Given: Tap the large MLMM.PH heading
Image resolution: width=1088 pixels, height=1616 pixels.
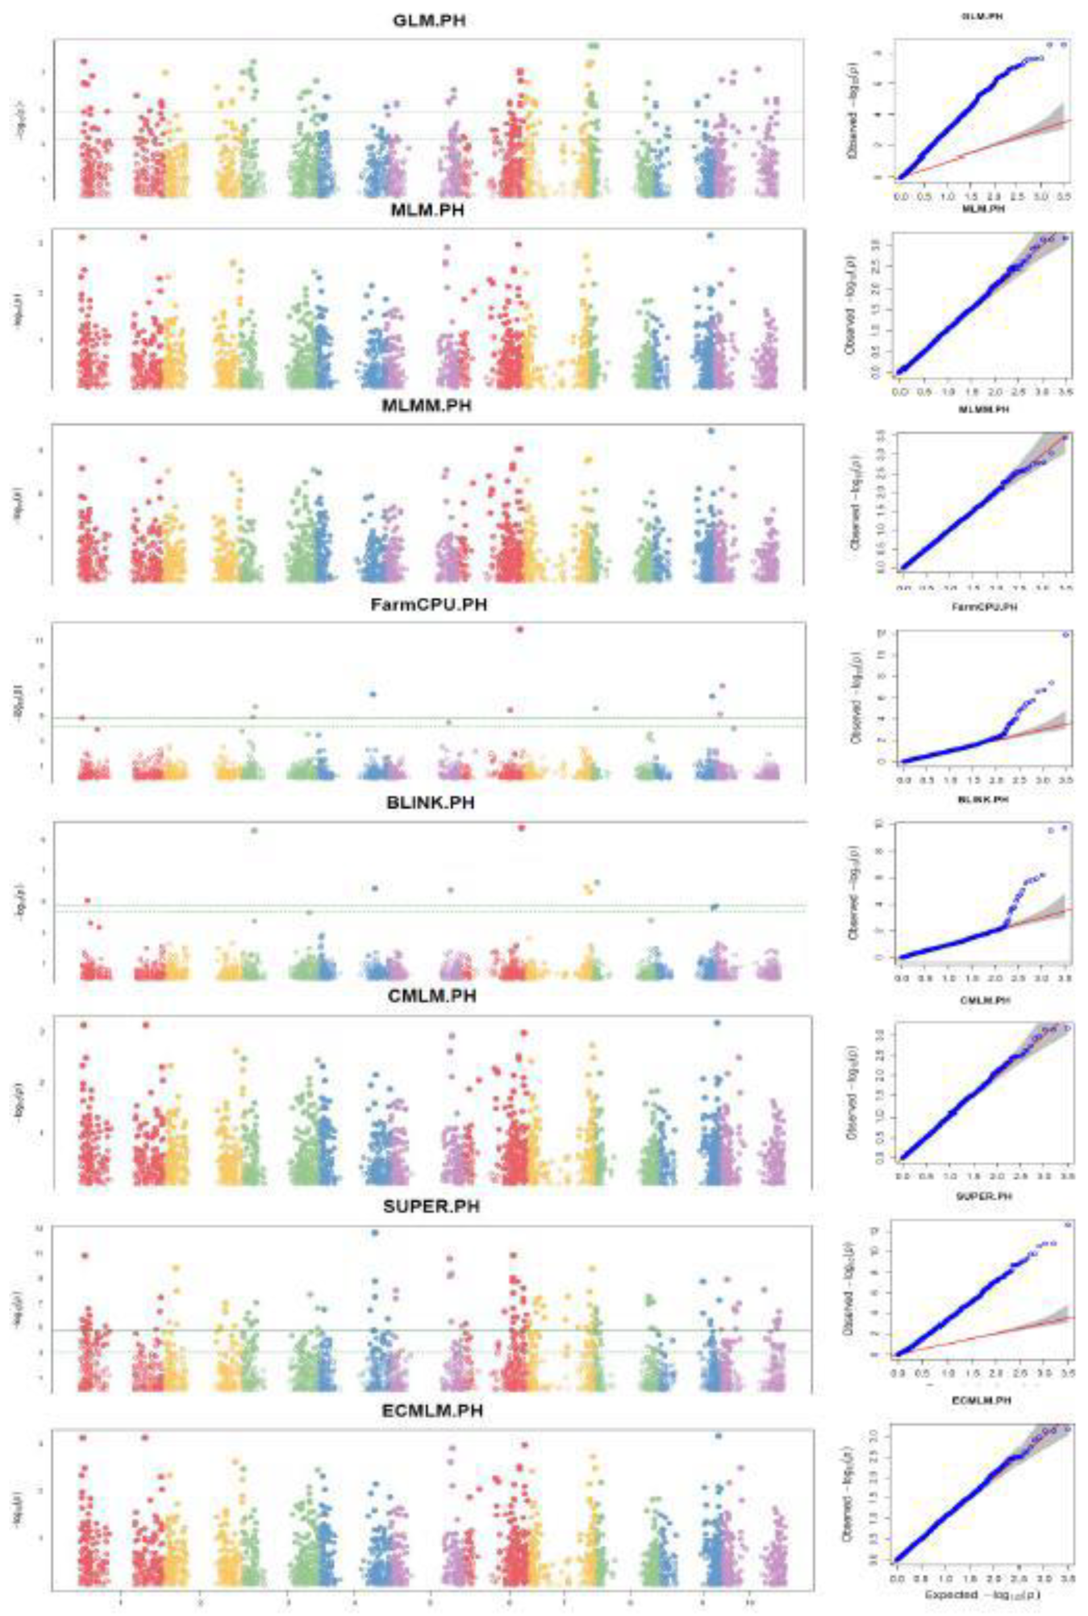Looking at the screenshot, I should click(x=427, y=405).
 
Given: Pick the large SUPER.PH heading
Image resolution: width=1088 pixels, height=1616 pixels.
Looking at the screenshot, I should click(x=431, y=1206).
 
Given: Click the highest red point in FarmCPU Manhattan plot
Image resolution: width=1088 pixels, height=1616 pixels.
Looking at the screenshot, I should click(x=520, y=629).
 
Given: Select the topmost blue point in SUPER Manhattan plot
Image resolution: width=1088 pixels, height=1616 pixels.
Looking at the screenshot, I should click(x=375, y=1233).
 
